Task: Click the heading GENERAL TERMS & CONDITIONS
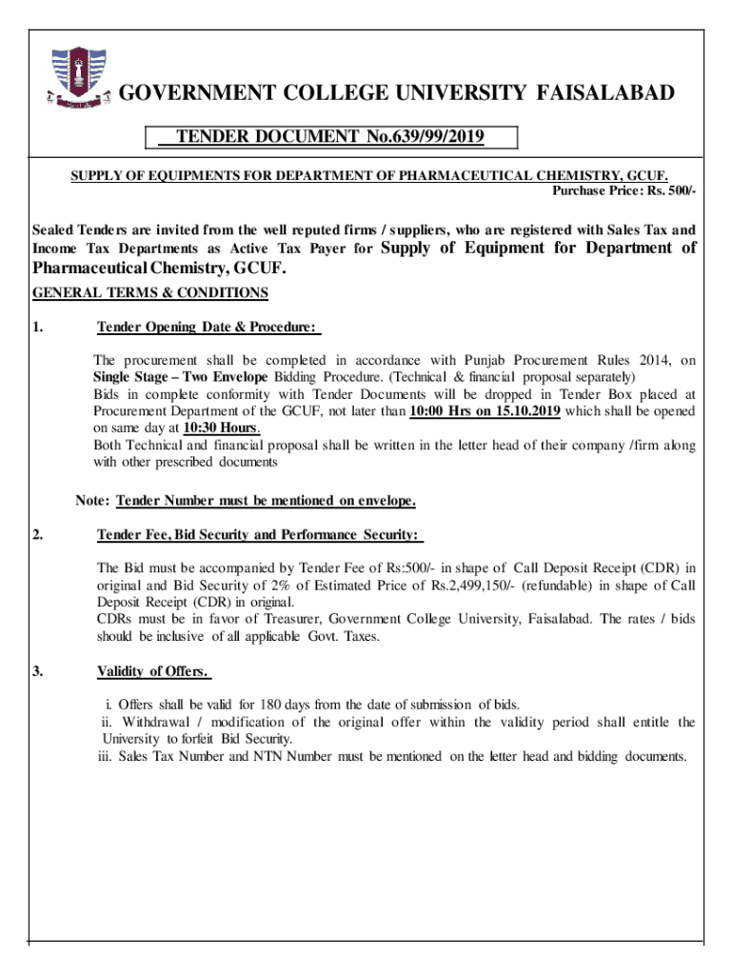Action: coord(150,292)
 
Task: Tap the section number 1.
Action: coord(38,328)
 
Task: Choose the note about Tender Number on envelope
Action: coord(245,501)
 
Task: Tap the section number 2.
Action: coord(38,534)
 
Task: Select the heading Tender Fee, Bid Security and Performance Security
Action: coord(258,534)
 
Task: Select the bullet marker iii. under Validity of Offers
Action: coord(107,756)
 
